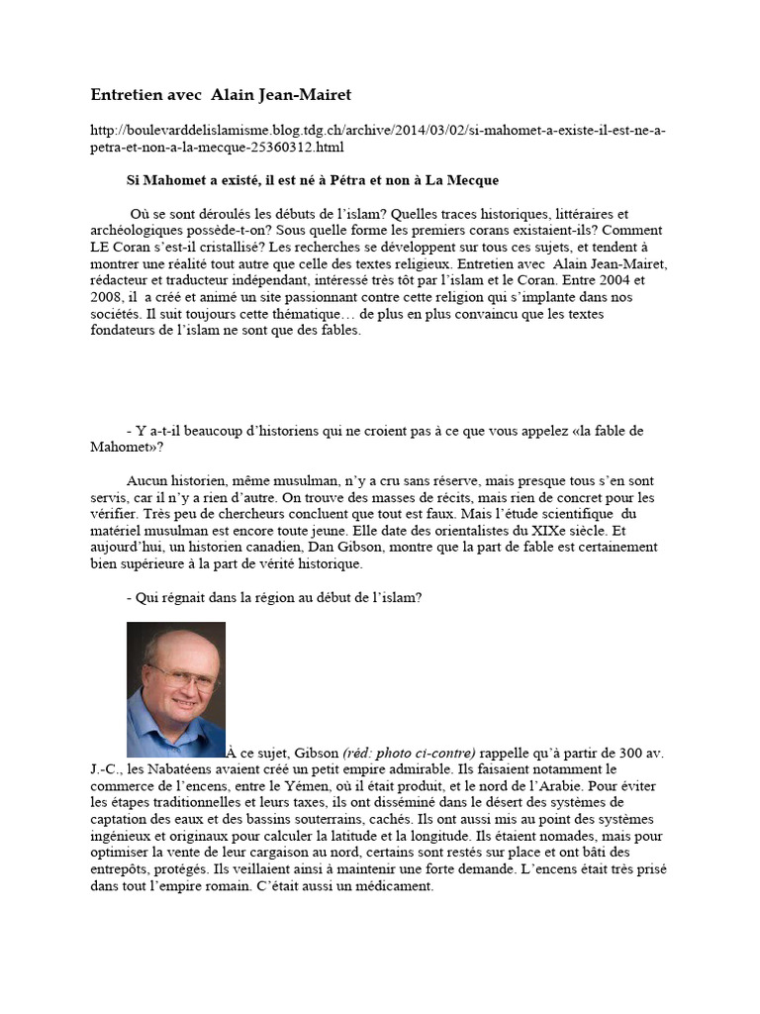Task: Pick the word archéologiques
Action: (135, 230)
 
